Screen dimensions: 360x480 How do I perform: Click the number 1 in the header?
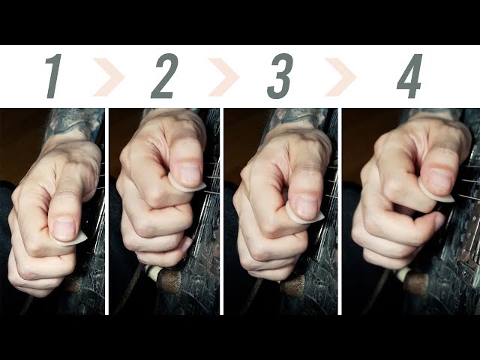53,76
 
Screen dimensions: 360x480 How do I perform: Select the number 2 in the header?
163,76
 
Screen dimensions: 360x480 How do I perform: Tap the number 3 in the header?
280,76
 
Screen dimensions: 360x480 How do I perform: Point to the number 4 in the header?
409,76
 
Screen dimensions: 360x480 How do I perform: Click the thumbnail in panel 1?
64,228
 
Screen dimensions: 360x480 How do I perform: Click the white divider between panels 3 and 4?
340,210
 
